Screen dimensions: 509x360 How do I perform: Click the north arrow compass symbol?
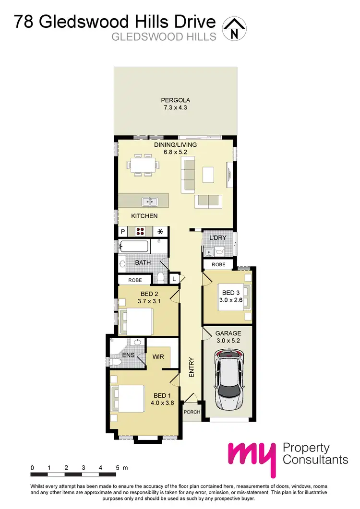pyautogui.click(x=234, y=28)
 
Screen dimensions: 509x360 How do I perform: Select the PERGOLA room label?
pyautogui.click(x=176, y=100)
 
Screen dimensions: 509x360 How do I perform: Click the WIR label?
pyautogui.click(x=158, y=357)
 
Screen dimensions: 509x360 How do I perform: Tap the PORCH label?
pyautogui.click(x=192, y=412)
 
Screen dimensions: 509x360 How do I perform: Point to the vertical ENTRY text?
pyautogui.click(x=192, y=367)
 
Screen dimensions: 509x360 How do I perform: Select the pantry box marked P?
pyautogui.click(x=123, y=232)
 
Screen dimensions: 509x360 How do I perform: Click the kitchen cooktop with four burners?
pyautogui.click(x=142, y=232)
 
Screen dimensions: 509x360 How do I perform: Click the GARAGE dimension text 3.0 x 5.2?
pyautogui.click(x=228, y=341)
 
